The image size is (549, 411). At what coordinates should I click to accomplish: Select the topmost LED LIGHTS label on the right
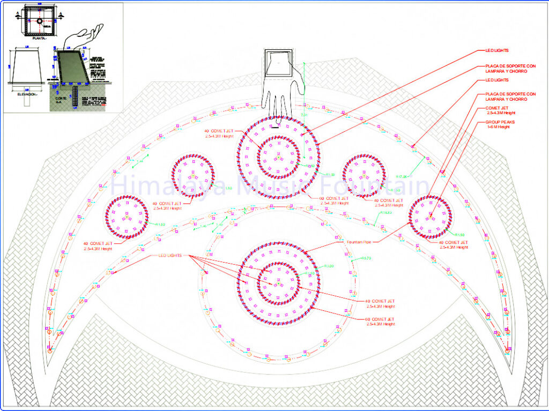(496, 51)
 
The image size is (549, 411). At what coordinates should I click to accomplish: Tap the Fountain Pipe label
(359, 242)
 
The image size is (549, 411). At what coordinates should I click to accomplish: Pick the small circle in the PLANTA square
(39, 21)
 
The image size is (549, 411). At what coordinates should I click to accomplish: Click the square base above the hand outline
(279, 63)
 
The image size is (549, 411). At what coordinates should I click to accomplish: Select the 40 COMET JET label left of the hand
(219, 131)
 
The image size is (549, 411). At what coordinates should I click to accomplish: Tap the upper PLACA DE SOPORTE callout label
(510, 69)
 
